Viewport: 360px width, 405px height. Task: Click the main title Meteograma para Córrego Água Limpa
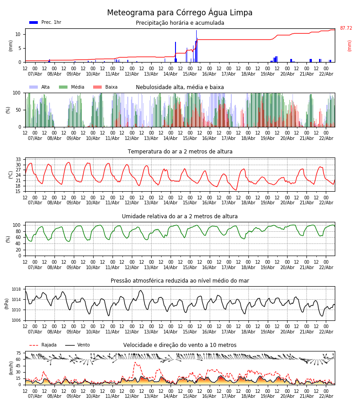(x=180, y=13)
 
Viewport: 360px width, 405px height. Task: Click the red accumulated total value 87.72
(x=346, y=28)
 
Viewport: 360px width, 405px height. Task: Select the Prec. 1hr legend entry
(x=45, y=22)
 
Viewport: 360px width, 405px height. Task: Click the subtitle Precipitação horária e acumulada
(x=180, y=23)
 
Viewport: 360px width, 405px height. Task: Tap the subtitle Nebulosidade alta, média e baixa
(x=180, y=87)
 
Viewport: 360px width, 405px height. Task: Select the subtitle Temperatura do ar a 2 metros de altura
(x=180, y=152)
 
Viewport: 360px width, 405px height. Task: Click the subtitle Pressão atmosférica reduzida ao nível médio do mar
(x=180, y=281)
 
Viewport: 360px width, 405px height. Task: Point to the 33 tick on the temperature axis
(x=18, y=159)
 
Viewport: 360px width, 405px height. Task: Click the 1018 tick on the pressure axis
(x=16, y=289)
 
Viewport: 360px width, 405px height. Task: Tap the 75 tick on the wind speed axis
(x=18, y=353)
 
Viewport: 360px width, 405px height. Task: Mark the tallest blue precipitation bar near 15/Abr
(x=196, y=45)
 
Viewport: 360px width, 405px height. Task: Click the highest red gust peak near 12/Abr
(x=135, y=362)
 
